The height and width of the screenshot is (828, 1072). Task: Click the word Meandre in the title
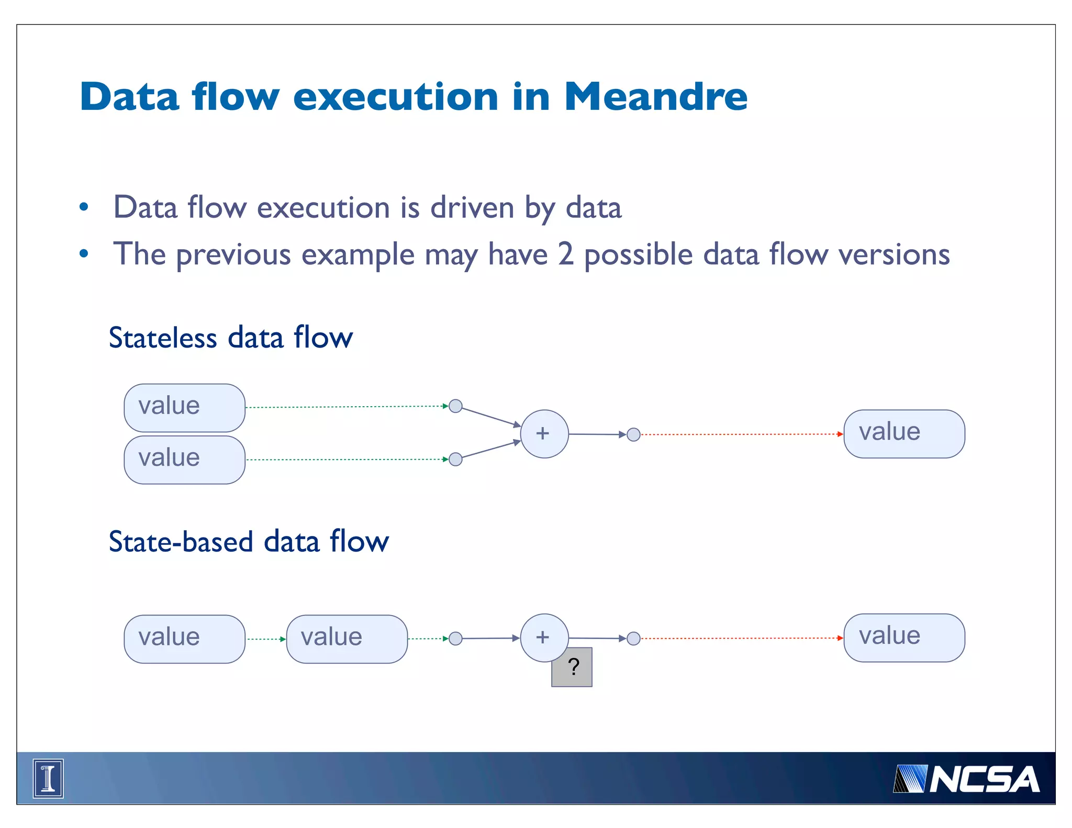(x=655, y=97)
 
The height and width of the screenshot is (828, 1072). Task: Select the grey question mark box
(x=572, y=667)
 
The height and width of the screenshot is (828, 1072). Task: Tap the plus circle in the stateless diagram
(x=544, y=434)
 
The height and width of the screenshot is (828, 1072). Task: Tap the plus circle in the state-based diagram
(x=544, y=637)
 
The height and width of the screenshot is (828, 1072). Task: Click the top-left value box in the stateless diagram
(x=184, y=407)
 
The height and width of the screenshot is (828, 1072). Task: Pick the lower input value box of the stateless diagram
(x=184, y=460)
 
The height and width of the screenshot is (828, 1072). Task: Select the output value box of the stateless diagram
(x=904, y=434)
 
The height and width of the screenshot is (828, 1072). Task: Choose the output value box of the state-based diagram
(x=904, y=637)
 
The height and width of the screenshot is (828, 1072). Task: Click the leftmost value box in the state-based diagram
(x=184, y=639)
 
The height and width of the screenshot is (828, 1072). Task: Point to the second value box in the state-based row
(x=347, y=639)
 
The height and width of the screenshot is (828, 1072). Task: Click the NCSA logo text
(x=984, y=779)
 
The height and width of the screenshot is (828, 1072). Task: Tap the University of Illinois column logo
(x=48, y=778)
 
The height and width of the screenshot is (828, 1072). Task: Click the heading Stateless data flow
(x=230, y=338)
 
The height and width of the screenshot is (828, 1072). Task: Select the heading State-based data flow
(x=249, y=541)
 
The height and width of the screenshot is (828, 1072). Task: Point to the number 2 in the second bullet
(x=565, y=255)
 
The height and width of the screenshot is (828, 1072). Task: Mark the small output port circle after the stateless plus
(x=633, y=434)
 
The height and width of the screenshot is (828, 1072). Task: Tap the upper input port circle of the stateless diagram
(x=455, y=406)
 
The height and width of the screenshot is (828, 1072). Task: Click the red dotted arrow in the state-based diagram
(x=741, y=638)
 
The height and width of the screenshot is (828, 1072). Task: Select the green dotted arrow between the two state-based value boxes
(x=266, y=639)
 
